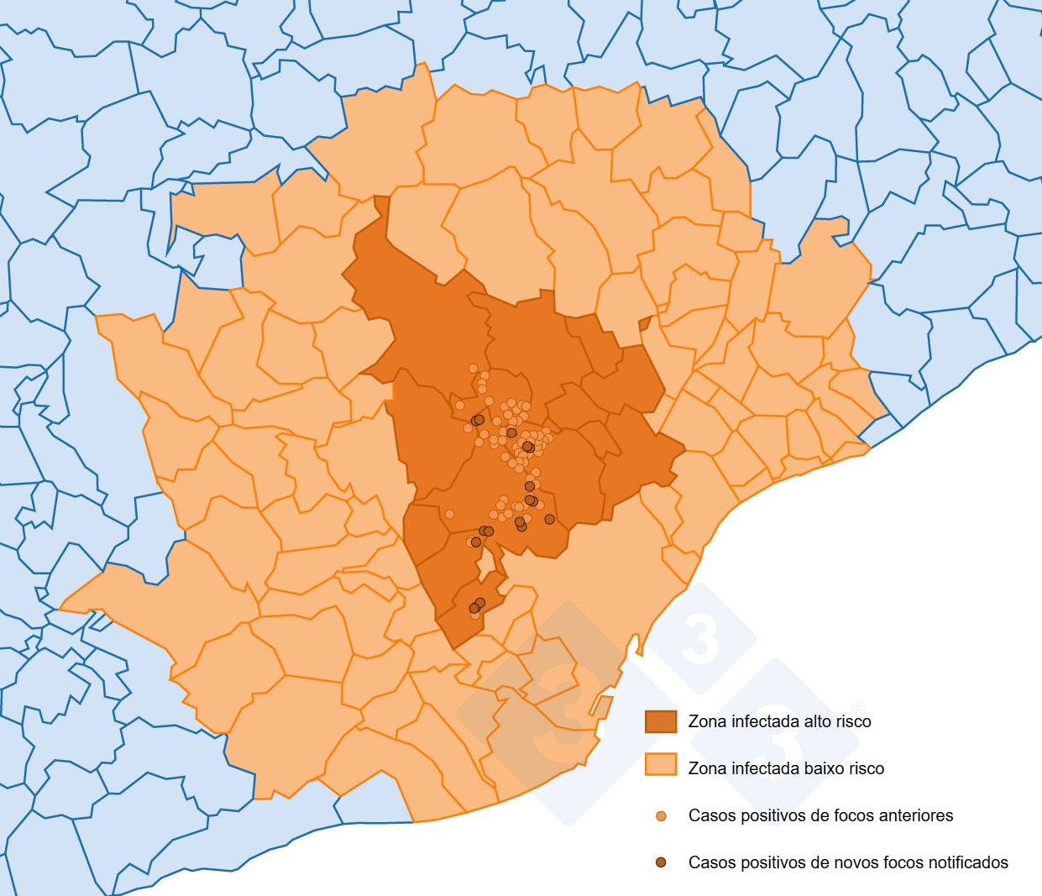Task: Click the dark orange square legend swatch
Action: (x=660, y=721)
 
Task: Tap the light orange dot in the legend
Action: (x=661, y=815)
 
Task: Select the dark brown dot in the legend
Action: (x=661, y=862)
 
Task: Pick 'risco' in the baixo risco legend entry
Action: (x=865, y=768)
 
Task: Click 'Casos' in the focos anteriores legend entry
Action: (x=710, y=815)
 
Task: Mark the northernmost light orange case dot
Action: (x=474, y=369)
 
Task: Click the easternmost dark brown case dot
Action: (x=549, y=519)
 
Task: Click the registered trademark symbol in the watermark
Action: (x=858, y=709)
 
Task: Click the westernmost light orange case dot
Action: (x=449, y=514)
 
